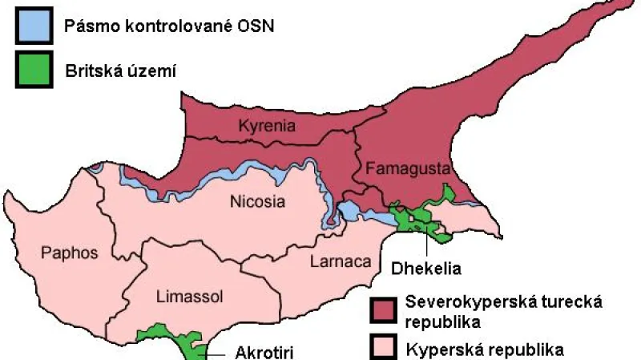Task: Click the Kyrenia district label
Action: tap(268, 126)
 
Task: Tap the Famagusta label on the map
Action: tap(397, 168)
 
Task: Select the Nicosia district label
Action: tap(256, 201)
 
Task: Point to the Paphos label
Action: tap(70, 253)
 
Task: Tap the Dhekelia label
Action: tap(428, 267)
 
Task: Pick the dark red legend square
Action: tap(385, 310)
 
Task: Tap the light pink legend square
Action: tap(385, 347)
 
